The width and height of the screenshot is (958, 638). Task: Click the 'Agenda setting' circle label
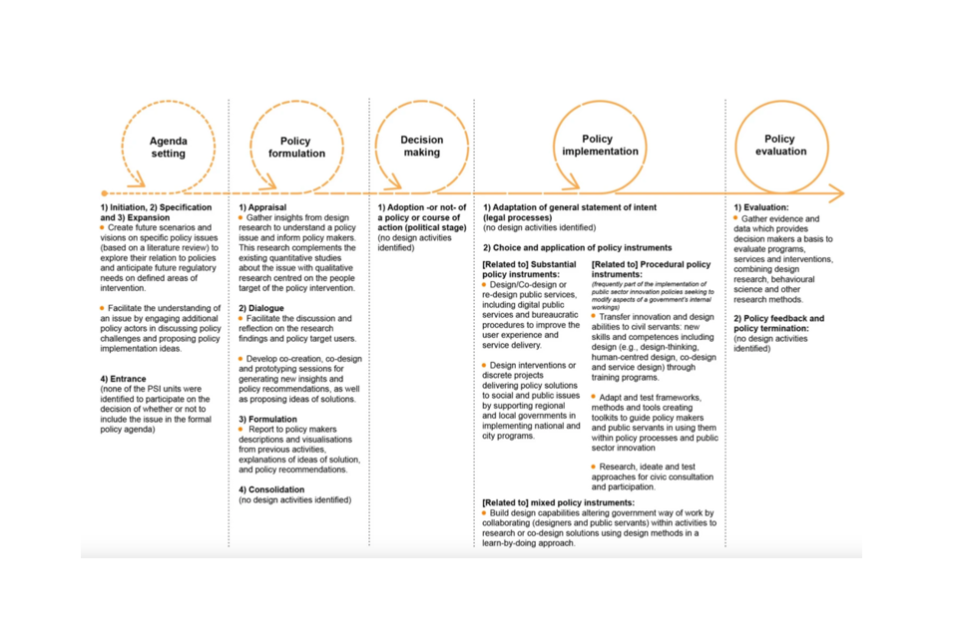click(168, 147)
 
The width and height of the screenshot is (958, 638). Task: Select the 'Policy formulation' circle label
click(296, 147)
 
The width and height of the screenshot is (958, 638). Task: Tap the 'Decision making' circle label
click(422, 147)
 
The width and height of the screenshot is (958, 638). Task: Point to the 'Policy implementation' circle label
click(599, 146)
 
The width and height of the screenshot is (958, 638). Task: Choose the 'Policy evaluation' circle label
click(780, 146)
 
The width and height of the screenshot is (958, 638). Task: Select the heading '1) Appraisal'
click(263, 206)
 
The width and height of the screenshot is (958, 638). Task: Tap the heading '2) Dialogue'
click(261, 308)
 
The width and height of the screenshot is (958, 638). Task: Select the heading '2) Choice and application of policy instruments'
click(577, 247)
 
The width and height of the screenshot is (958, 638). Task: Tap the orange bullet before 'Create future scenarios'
click(103, 228)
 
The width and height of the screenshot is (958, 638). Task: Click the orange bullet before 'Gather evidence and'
click(736, 217)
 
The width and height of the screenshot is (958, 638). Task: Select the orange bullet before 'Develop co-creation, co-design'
click(240, 357)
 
